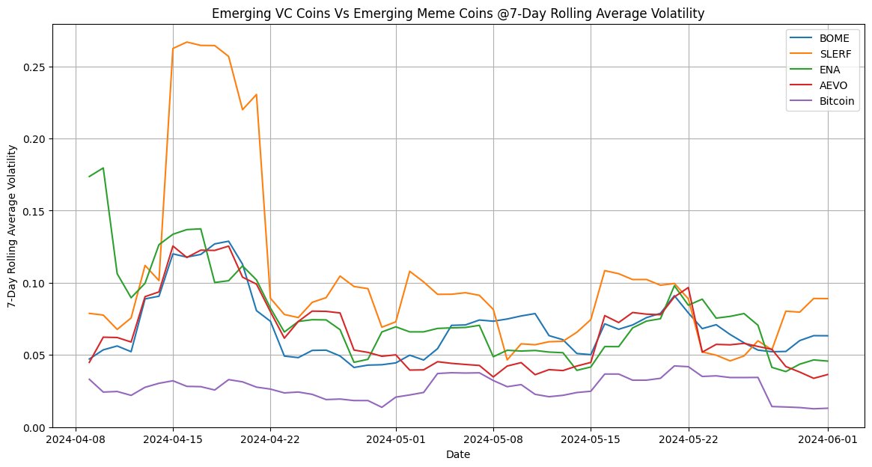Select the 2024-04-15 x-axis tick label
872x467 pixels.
173,440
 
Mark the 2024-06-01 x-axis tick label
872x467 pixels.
828,440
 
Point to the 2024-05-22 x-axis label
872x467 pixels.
688,440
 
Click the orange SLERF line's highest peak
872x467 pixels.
186,42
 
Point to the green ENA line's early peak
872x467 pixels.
103,168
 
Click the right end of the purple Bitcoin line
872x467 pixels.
828,408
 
